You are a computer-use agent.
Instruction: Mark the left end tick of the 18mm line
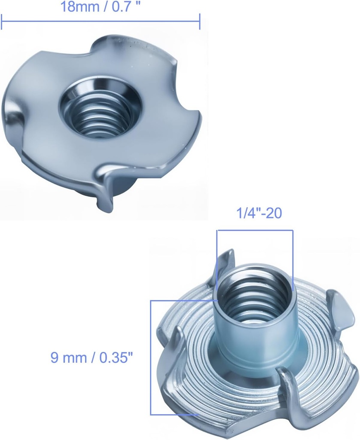pos(2,21)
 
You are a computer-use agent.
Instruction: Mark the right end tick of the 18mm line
pos(200,21)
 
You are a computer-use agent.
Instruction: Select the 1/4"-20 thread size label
pos(259,213)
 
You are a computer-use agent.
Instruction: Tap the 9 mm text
pos(67,357)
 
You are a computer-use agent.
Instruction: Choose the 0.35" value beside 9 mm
pos(110,357)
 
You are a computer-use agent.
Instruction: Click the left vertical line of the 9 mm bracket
pos(151,357)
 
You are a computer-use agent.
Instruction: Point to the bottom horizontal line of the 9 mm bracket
pos(174,414)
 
